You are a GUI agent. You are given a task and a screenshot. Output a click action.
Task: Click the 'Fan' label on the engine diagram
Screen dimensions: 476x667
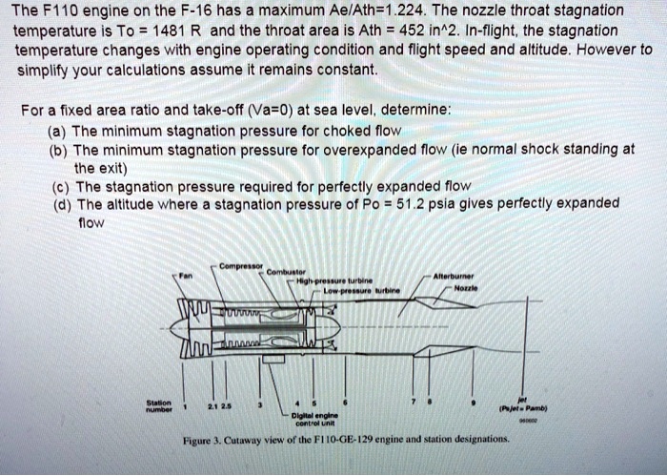tap(186, 274)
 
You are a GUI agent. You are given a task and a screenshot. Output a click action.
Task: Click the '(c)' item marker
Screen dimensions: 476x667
tap(58, 186)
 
